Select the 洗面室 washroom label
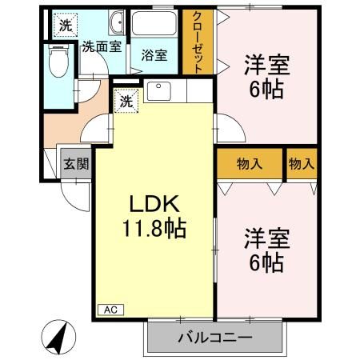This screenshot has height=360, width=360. point(102,46)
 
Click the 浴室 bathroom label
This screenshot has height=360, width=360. point(154,55)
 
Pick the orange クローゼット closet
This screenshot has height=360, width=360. point(197,45)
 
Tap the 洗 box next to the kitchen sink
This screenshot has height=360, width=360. point(126,101)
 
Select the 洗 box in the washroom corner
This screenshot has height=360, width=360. point(65,25)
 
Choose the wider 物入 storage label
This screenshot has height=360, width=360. point(250,164)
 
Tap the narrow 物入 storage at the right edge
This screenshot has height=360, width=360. point(301,164)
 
